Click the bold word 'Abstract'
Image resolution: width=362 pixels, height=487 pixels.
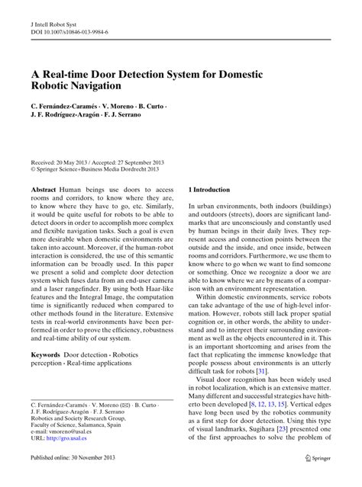(43, 187)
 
